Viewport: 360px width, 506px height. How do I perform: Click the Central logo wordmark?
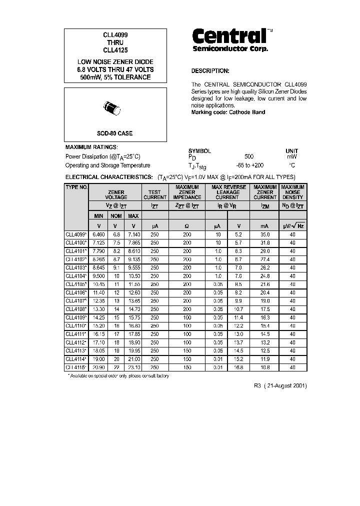(x=229, y=36)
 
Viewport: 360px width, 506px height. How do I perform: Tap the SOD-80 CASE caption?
(x=114, y=133)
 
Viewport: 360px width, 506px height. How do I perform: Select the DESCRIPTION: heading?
(x=210, y=71)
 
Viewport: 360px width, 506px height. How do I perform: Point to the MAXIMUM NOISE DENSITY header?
(x=292, y=192)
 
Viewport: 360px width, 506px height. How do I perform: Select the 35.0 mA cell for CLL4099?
(x=265, y=234)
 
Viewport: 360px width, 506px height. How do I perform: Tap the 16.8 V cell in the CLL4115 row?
(x=238, y=367)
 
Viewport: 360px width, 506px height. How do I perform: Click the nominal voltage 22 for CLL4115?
(x=116, y=367)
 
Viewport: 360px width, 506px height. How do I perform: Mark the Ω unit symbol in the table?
(x=187, y=226)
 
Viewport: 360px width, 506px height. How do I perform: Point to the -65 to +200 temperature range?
(x=249, y=165)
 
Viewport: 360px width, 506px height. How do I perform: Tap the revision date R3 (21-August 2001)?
(x=280, y=386)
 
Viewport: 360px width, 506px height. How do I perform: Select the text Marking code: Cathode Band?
(x=228, y=112)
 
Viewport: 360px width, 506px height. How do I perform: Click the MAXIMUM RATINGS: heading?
(x=91, y=147)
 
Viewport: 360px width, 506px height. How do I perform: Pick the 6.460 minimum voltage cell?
(x=98, y=234)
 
